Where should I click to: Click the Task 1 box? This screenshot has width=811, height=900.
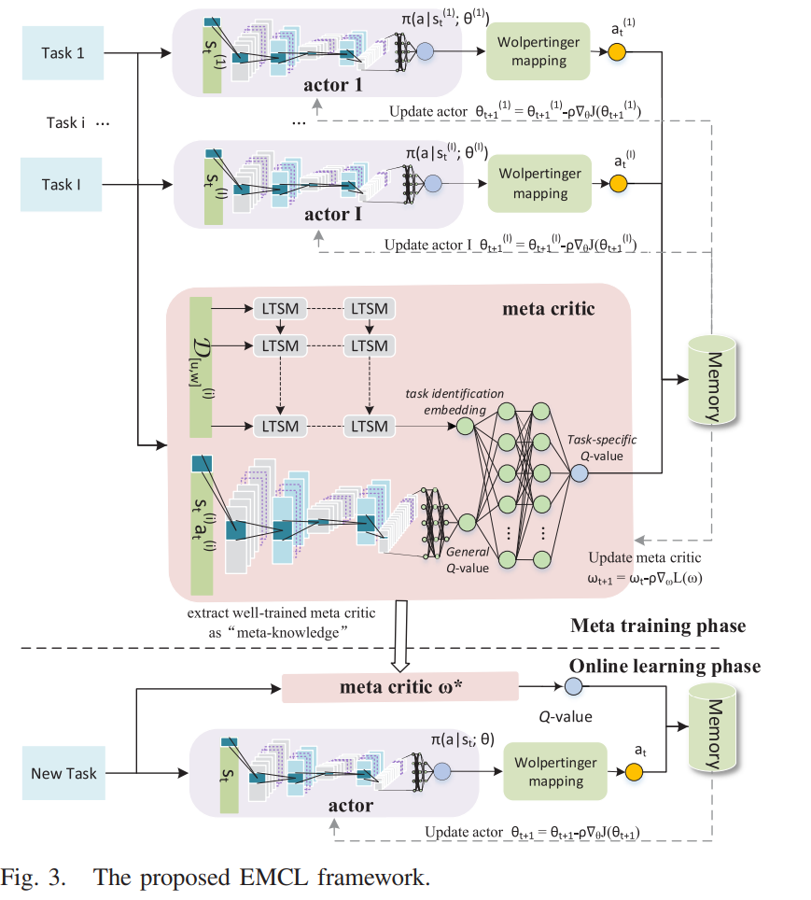63,53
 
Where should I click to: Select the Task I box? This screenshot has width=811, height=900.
63,184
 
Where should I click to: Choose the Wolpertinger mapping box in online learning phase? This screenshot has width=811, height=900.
549,771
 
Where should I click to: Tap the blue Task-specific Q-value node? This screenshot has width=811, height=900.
579,473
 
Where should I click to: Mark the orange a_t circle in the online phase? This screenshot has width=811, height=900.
635,772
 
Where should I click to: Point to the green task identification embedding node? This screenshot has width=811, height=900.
465,426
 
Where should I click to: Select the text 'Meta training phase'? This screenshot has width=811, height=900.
658,626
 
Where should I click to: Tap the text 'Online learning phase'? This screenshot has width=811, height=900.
665,667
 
